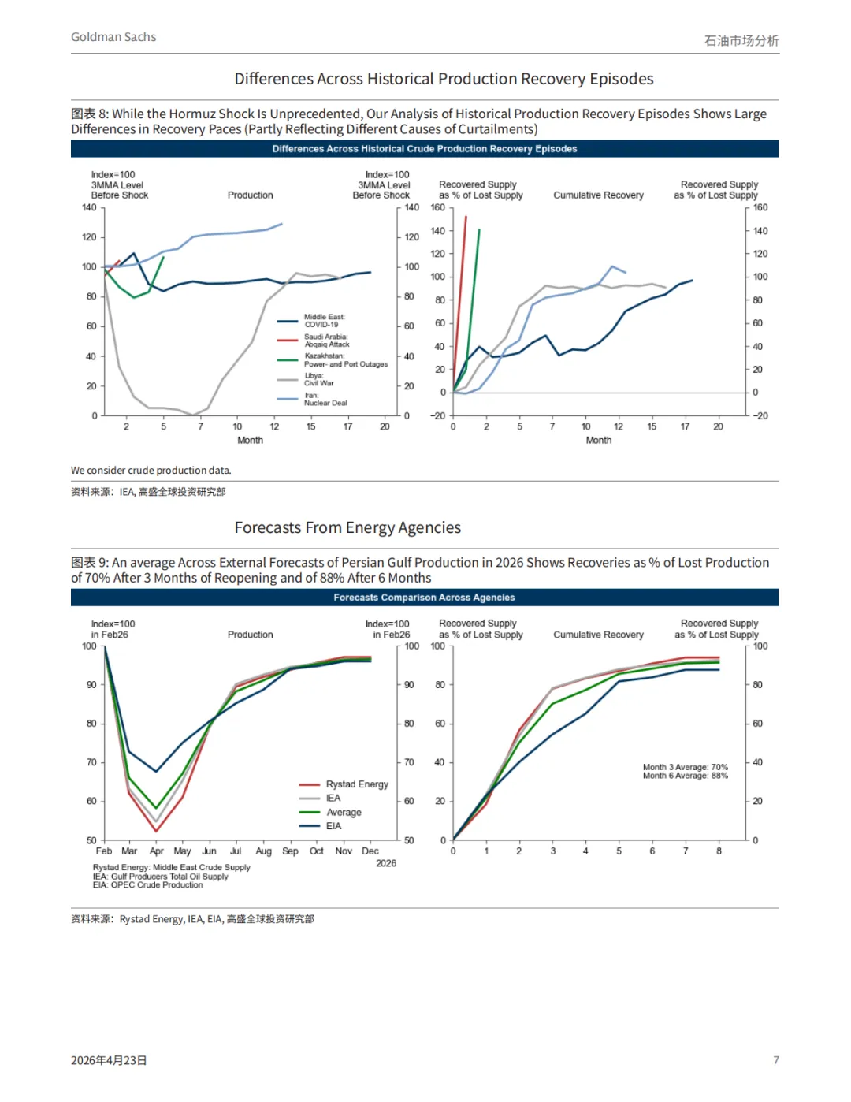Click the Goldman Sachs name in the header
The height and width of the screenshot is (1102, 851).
(113, 37)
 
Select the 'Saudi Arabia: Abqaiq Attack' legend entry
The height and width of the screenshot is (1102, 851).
(326, 341)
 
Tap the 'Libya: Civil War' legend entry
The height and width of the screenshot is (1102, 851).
(318, 379)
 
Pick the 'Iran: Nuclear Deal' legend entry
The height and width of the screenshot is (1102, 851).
(325, 399)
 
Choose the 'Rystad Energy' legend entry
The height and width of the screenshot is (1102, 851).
(356, 784)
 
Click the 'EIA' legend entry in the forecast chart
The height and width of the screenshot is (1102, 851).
(333, 826)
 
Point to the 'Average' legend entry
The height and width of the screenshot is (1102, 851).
(344, 813)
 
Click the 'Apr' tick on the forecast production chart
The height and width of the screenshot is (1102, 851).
(157, 851)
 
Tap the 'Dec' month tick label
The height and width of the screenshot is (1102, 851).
(370, 851)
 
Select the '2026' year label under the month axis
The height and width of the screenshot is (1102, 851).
(386, 864)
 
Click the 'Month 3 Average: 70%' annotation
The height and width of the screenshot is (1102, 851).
(685, 767)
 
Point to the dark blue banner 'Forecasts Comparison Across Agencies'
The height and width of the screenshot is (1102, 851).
(424, 598)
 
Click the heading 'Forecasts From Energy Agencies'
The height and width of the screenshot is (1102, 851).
(347, 527)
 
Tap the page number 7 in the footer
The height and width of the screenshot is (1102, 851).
(776, 1060)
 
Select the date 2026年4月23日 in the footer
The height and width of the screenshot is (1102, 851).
(109, 1060)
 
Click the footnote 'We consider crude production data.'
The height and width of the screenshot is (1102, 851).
(151, 471)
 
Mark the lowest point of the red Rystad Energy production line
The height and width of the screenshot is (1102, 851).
(156, 831)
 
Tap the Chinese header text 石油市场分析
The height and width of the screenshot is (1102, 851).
(741, 40)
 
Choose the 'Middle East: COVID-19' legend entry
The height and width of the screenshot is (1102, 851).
(324, 321)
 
